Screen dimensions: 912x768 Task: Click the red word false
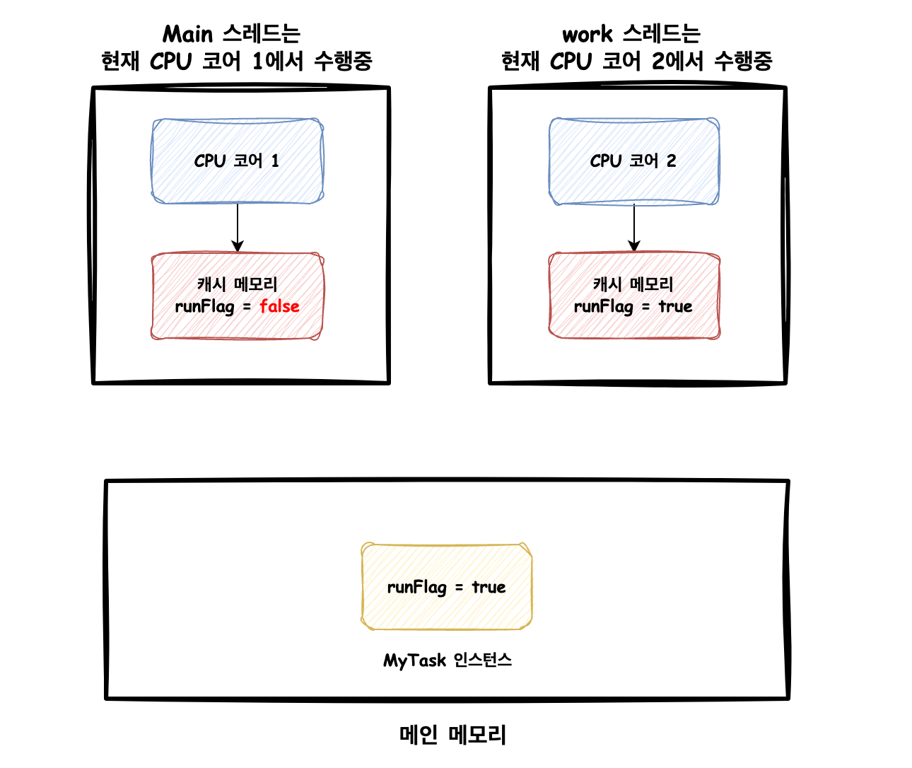tap(279, 306)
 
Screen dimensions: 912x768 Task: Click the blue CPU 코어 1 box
tap(237, 161)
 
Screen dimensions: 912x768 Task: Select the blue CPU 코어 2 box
tap(633, 161)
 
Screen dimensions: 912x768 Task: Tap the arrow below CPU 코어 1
tap(238, 228)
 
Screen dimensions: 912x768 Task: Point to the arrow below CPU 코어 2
tap(633, 228)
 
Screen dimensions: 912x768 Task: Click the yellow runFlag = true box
tap(446, 586)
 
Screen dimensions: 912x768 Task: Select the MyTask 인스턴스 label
tap(448, 660)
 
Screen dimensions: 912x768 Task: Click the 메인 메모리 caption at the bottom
tap(452, 734)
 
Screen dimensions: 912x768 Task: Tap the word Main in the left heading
tap(187, 34)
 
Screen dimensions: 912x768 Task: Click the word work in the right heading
tap(587, 34)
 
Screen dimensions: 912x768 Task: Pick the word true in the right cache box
tap(675, 306)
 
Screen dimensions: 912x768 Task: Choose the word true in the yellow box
tap(489, 587)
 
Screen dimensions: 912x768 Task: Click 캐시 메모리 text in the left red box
tap(237, 284)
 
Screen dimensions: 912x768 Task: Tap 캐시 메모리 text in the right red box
tap(633, 284)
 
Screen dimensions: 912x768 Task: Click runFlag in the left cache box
tap(204, 307)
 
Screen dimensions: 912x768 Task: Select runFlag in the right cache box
tap(603, 307)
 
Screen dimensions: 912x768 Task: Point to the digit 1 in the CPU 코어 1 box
tap(275, 161)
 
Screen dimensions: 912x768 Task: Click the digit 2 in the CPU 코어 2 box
tap(672, 161)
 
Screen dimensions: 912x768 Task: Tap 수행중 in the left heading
tap(344, 61)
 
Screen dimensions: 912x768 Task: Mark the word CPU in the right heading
tap(570, 61)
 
